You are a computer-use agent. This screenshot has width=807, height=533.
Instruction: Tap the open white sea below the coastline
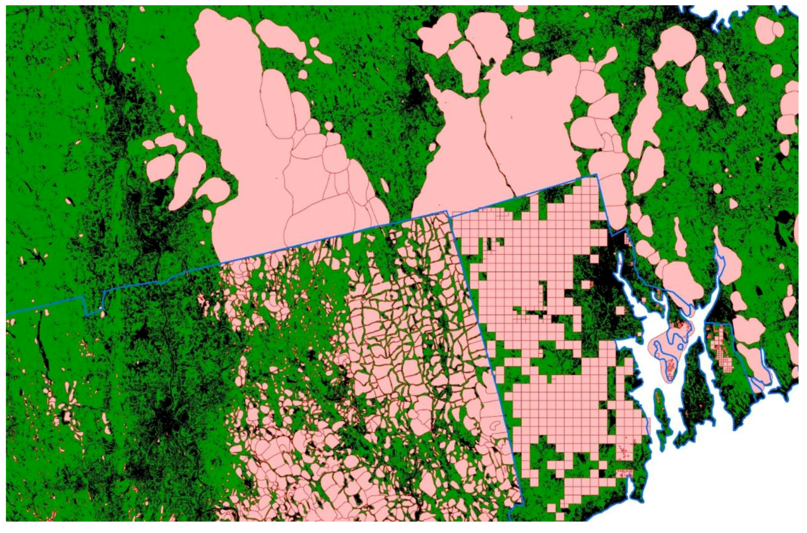pos(731,476)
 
